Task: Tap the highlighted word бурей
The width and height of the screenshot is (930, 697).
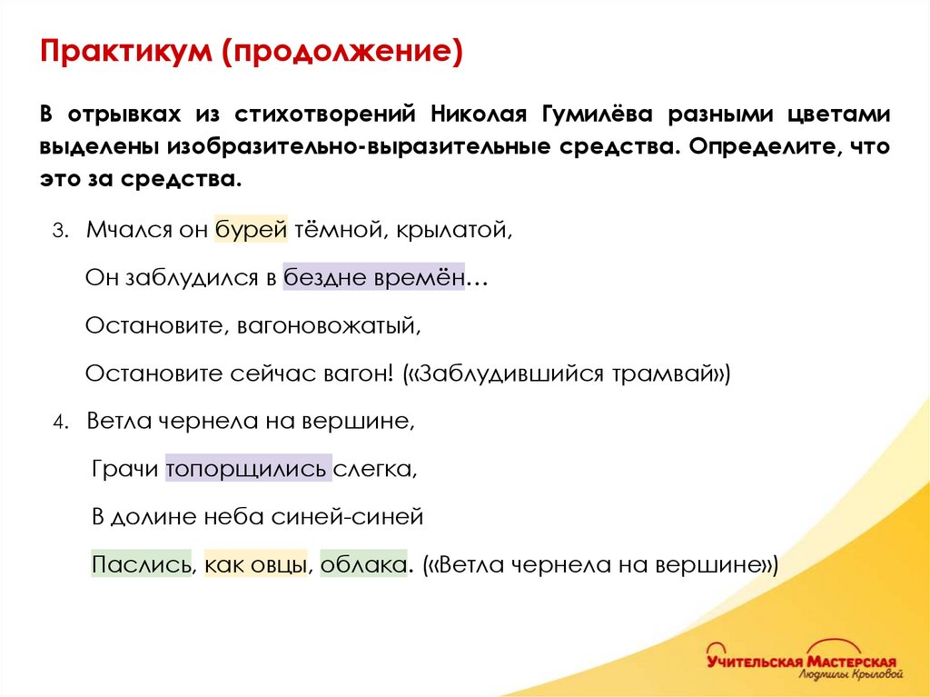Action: point(251,230)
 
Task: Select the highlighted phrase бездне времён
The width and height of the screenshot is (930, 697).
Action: point(374,277)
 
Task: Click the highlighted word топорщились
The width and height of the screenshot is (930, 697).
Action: point(247,469)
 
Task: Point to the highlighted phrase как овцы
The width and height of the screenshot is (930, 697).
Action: point(256,564)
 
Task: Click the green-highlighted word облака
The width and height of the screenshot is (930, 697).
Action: point(362,564)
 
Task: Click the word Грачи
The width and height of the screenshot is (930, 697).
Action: point(125,469)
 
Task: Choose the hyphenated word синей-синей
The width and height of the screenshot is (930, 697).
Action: point(348,517)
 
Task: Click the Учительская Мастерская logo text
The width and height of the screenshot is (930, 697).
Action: point(802,661)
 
